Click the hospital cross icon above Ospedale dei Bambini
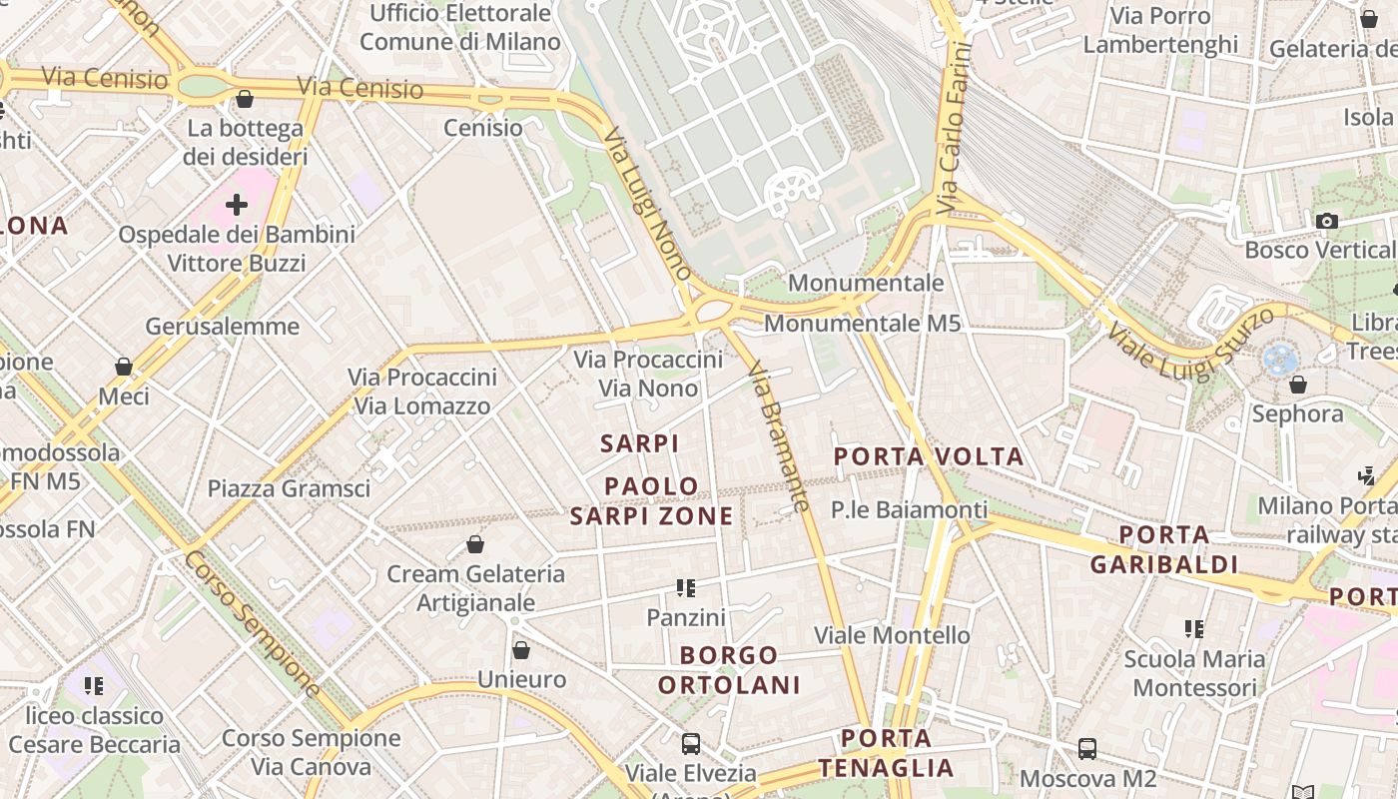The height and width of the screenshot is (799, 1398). [x=237, y=205]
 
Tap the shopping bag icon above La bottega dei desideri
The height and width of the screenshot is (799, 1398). [x=245, y=99]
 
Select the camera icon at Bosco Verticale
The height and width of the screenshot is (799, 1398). [x=1327, y=221]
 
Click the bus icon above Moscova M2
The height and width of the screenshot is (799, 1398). [x=1087, y=748]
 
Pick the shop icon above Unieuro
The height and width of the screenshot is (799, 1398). [x=520, y=650]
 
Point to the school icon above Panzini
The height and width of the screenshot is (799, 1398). [x=685, y=587]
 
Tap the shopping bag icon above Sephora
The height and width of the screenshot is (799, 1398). [x=1298, y=384]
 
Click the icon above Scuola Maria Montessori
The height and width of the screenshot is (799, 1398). [x=1194, y=628]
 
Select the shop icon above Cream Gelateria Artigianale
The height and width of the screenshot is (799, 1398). [x=475, y=544]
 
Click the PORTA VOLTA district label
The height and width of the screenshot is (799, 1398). [x=929, y=456]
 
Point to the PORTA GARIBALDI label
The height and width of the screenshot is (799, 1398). [x=1163, y=549]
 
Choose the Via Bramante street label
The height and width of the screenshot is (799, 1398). [x=778, y=437]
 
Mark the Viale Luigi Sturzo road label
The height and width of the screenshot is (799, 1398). [x=1191, y=343]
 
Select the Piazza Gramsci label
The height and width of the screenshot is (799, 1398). [x=289, y=488]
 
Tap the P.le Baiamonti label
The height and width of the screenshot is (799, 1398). [x=909, y=509]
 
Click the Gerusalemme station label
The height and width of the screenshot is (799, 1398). [x=222, y=326]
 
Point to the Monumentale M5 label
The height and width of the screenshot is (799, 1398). [x=862, y=323]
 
